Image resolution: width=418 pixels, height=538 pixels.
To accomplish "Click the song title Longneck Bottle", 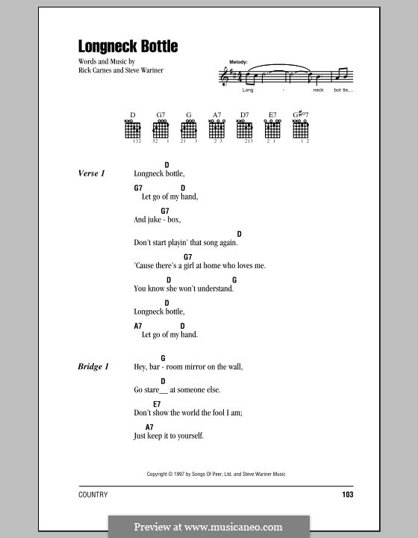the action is coord(128,46).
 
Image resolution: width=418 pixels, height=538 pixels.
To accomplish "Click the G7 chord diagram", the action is coord(160,129).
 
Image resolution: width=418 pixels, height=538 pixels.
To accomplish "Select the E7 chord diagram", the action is coord(272,129).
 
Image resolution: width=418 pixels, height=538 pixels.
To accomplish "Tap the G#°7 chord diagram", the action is coord(300,129).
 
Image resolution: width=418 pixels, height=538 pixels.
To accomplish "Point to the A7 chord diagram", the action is coord(216,129).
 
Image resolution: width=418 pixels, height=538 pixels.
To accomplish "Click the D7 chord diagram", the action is coord(244,129).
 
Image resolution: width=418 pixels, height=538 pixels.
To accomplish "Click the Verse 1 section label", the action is coord(92,173).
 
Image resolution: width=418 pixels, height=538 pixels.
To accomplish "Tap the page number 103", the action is coord(347,495).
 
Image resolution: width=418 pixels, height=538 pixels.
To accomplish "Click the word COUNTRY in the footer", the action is coord(93,495).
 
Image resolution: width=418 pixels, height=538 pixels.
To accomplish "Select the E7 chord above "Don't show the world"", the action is coord(157,404).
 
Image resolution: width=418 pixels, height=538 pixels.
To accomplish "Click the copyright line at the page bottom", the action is coord(216,474).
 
